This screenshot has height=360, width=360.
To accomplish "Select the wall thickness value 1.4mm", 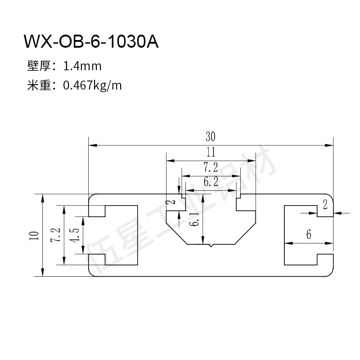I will click(x=83, y=67).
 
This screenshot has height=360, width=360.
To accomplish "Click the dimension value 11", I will click(x=211, y=152).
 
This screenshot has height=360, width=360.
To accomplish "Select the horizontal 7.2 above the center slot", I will click(x=211, y=167).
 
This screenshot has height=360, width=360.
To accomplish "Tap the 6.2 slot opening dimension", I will click(x=211, y=182).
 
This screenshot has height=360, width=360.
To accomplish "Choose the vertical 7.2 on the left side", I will click(x=56, y=235).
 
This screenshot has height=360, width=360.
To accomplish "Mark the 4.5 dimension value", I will click(x=75, y=235).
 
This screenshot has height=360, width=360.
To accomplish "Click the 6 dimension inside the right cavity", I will click(x=309, y=234).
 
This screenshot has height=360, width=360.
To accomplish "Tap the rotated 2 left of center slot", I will click(x=171, y=203).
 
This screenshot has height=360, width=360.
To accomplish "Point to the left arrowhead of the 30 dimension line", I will click(x=91, y=145).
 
